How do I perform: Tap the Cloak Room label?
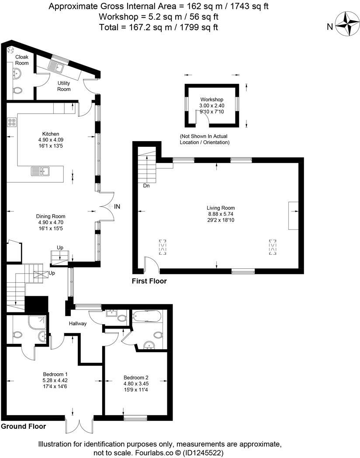[22, 60]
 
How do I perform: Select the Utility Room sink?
[57, 67]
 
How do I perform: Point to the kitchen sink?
[41, 171]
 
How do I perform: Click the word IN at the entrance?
[117, 206]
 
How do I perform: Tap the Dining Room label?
[51, 216]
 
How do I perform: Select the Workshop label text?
[212, 100]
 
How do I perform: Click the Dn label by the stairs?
[147, 186]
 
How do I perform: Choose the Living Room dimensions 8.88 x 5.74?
[221, 214]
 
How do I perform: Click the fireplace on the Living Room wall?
[293, 215]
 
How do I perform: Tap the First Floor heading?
[149, 281]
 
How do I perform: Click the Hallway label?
[78, 324]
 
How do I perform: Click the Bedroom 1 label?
[55, 374]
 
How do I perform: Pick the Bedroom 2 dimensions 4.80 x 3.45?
[136, 384]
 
